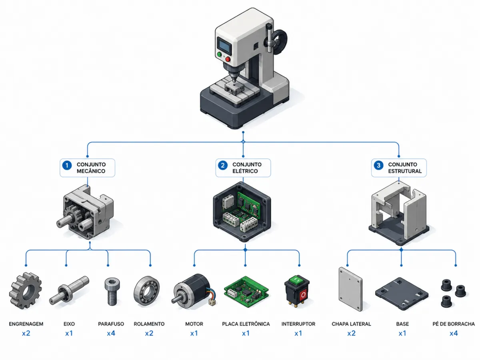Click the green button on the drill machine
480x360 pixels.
pyautogui.click(x=219, y=54)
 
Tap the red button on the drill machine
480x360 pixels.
pyautogui.click(x=228, y=59)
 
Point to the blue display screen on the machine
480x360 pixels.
pyautogui.click(x=224, y=46)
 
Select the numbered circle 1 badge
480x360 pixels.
pyautogui.click(x=67, y=166)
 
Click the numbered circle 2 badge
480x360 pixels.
pyautogui.click(x=223, y=166)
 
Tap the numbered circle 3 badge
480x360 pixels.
pyautogui.click(x=378, y=166)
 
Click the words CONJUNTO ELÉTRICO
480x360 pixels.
pyautogui.click(x=247, y=168)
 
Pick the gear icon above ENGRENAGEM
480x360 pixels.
pyautogui.click(x=26, y=291)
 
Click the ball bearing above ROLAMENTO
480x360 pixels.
pyautogui.click(x=146, y=291)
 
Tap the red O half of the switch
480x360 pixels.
pyautogui.click(x=303, y=295)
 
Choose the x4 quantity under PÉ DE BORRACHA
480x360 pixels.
pyautogui.click(x=454, y=333)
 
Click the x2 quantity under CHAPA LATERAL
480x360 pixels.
pyautogui.click(x=352, y=333)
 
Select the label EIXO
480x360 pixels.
pyautogui.click(x=69, y=324)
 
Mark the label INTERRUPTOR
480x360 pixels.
pyautogui.click(x=298, y=324)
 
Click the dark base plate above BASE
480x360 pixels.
pyautogui.click(x=402, y=294)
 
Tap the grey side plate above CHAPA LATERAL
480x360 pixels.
pyautogui.click(x=350, y=289)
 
